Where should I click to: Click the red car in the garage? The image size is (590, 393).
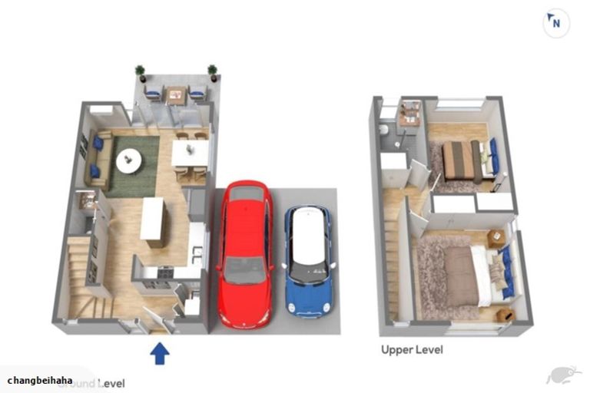coord(245,253)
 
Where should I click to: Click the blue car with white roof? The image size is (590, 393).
coord(310,261)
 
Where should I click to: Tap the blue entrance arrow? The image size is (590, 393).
coord(159,353)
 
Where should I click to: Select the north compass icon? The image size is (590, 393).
coord(556,23)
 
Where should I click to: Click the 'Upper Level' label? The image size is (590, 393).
coord(412,350)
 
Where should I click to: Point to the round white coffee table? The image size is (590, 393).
coord(128,161)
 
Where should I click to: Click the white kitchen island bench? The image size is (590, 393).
coord(152,221)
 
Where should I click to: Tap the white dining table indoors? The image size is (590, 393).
coord(189,154)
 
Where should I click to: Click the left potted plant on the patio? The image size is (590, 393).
coord(140,72)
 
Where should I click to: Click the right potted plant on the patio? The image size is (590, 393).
coord(212,72)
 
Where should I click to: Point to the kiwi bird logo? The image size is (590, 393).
coord(559,375)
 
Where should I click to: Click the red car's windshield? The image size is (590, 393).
coord(244,269)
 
